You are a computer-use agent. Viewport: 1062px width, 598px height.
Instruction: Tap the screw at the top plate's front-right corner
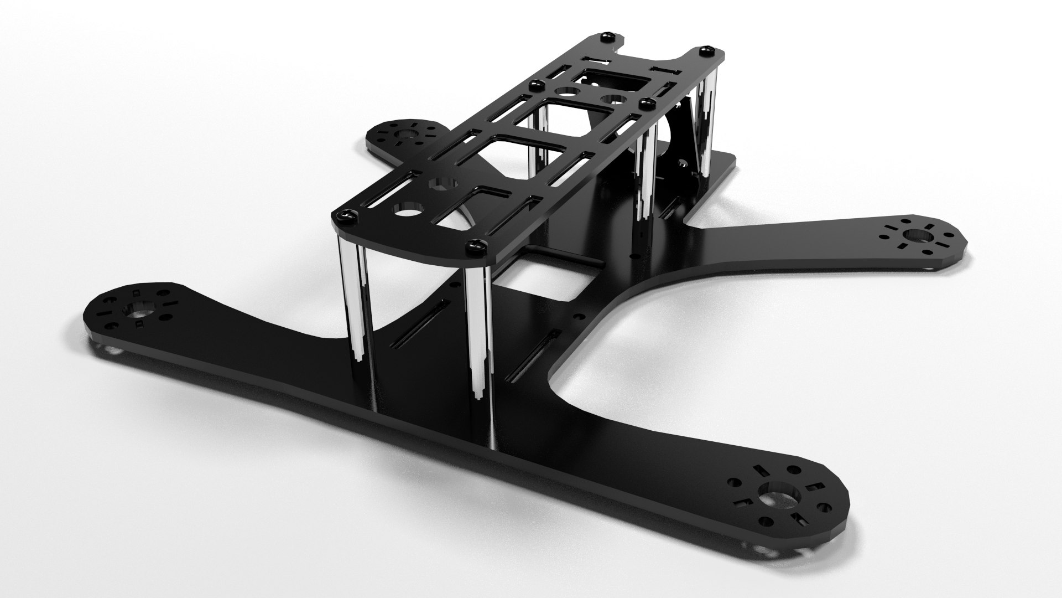(x=475, y=244)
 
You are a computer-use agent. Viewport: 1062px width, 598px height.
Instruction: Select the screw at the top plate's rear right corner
(x=705, y=51)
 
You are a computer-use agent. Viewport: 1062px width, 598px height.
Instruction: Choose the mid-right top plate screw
(x=644, y=103)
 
